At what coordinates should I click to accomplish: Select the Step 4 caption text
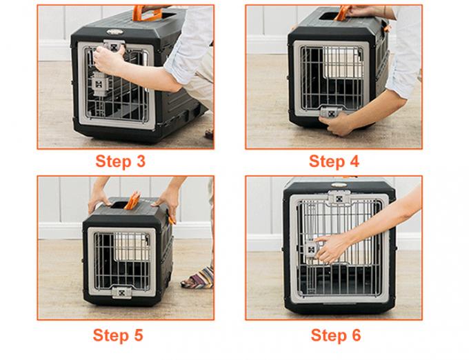tap(334, 161)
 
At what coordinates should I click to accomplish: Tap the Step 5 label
tap(118, 336)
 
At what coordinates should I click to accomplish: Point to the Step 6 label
tap(335, 336)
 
